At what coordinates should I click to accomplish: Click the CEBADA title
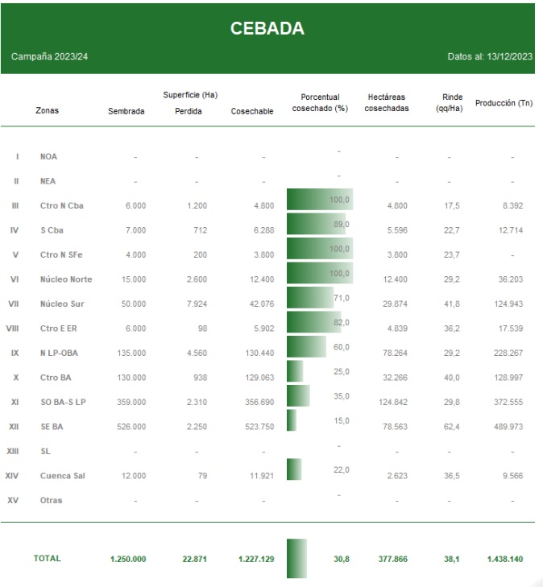[267, 28]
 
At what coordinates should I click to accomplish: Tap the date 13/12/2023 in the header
[510, 56]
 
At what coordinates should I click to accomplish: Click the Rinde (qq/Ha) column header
[449, 102]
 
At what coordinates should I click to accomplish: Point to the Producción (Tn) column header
[504, 103]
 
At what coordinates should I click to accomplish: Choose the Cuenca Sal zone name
[62, 476]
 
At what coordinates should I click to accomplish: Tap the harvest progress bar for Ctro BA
[295, 371]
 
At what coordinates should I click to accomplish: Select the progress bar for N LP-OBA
[306, 347]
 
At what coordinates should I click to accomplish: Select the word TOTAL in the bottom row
[47, 558]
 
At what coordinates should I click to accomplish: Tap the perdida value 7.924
[195, 304]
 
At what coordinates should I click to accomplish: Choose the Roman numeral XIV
[14, 476]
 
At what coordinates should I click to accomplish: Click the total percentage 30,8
[340, 559]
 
